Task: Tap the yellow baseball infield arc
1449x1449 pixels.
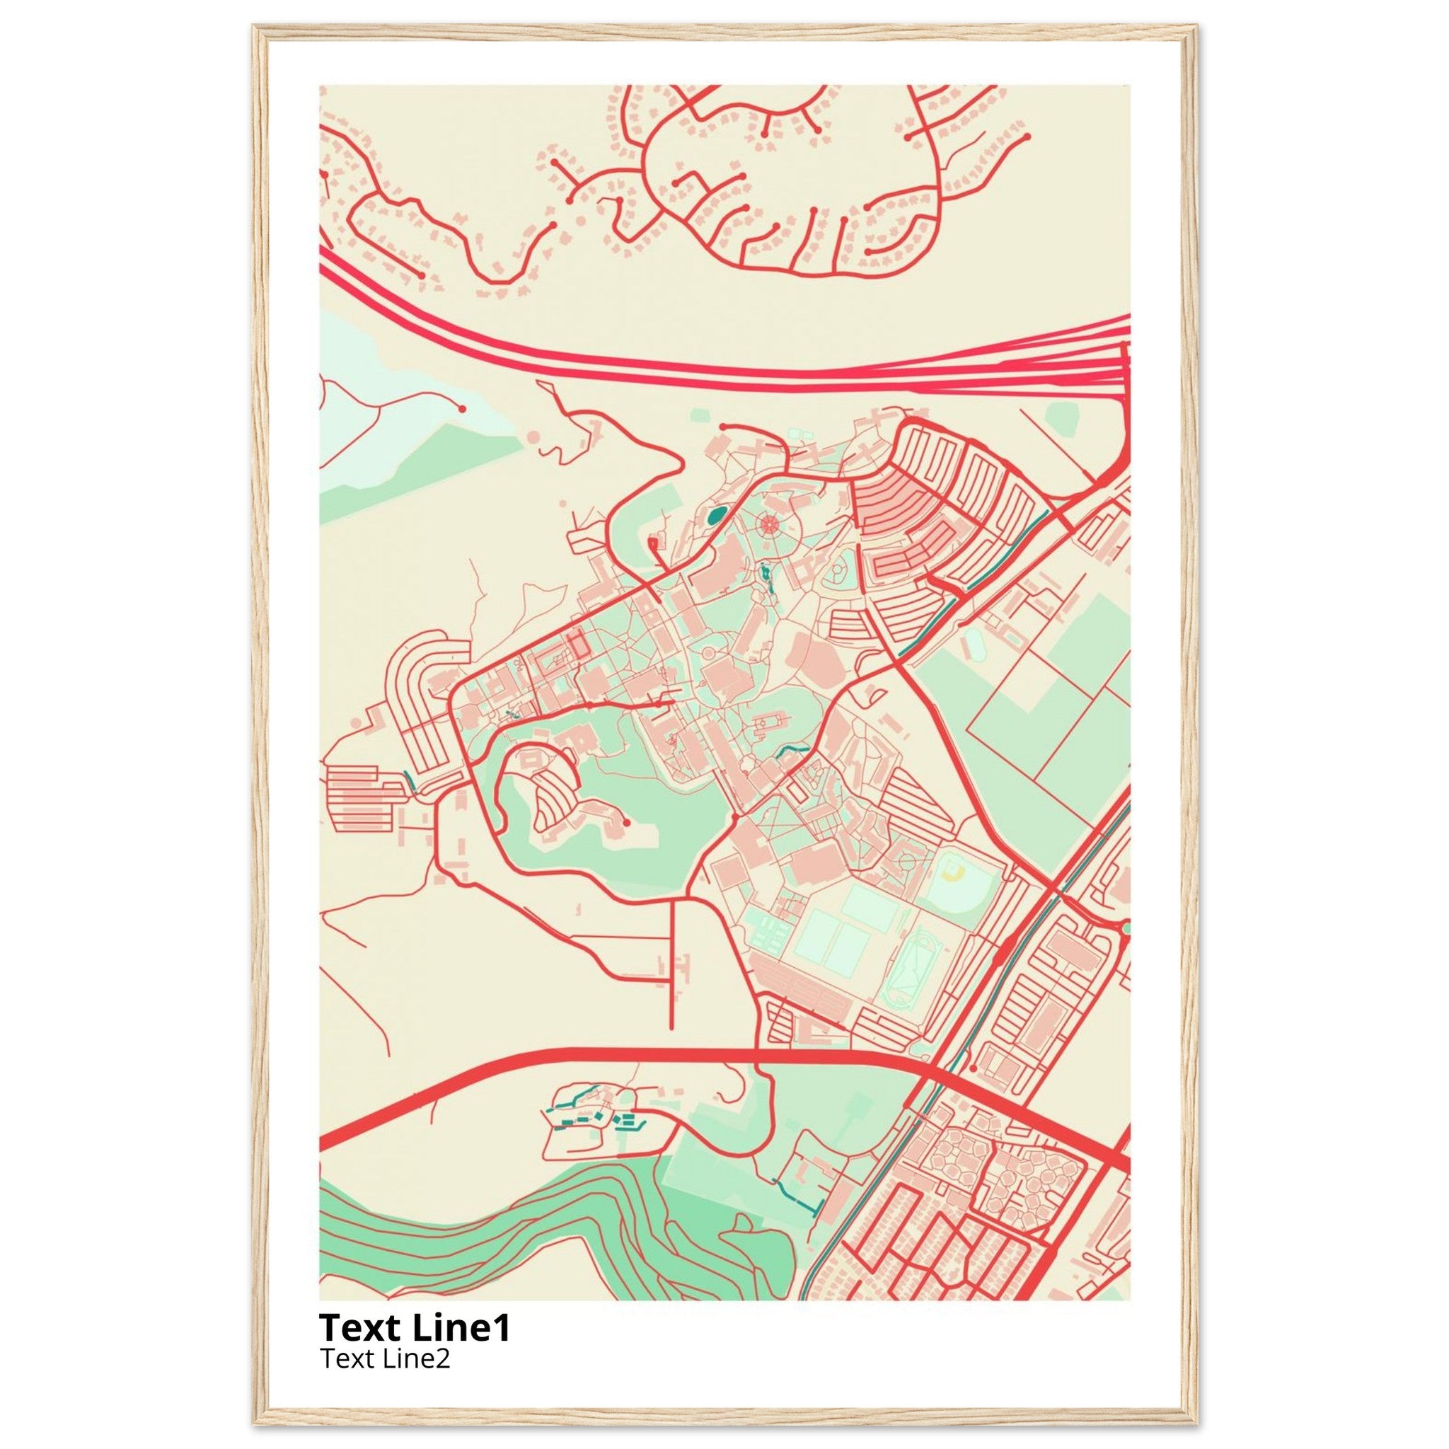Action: (953, 871)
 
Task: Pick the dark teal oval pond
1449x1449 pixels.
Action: (716, 515)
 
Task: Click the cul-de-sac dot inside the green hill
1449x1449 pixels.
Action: (625, 824)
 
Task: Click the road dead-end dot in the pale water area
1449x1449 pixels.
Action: (462, 409)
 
